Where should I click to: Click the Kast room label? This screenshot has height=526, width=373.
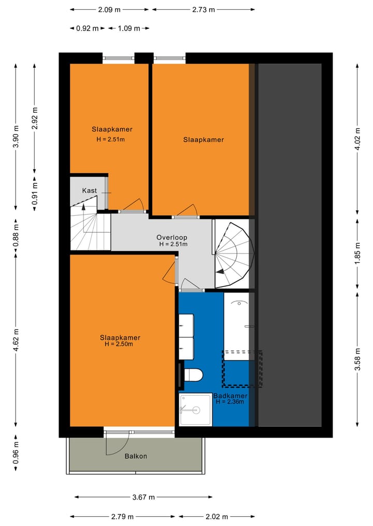click(89, 191)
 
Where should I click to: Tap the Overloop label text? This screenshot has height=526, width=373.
click(172, 237)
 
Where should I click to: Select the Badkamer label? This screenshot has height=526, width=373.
click(230, 396)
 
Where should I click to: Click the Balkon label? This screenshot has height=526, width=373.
click(136, 456)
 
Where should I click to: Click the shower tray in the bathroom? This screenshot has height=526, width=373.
click(195, 410)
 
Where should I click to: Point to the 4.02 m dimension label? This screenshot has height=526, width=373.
click(357, 138)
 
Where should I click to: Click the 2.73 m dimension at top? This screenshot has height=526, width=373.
click(203, 9)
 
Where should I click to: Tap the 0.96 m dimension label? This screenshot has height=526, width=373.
click(16, 453)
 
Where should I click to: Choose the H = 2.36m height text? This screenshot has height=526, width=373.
click(231, 402)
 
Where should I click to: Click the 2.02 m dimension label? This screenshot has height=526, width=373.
click(217, 517)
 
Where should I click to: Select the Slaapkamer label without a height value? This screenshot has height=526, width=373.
click(204, 140)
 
